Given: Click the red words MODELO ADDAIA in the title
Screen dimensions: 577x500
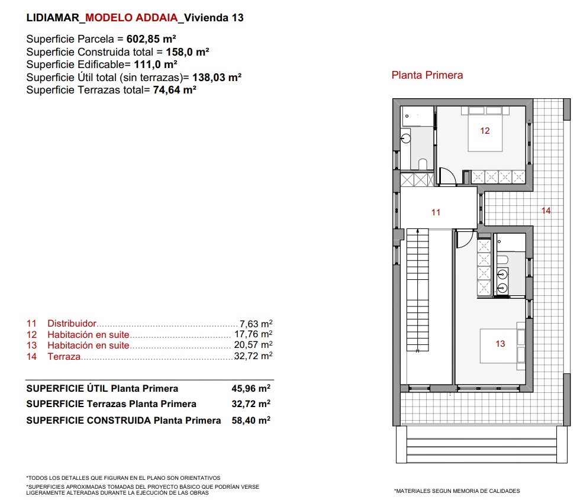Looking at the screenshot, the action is pyautogui.click(x=131, y=18).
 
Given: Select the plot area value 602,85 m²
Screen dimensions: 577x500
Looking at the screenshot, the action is pyautogui.click(x=151, y=39).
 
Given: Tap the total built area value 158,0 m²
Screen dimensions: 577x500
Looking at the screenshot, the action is pyautogui.click(x=188, y=52).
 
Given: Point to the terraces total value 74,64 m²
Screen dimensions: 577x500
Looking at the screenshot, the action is pyautogui.click(x=175, y=90).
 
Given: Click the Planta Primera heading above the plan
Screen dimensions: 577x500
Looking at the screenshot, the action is pyautogui.click(x=427, y=75).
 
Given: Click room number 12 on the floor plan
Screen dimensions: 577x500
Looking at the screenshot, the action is pyautogui.click(x=485, y=131).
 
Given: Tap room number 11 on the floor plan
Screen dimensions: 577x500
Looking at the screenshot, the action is pyautogui.click(x=436, y=212).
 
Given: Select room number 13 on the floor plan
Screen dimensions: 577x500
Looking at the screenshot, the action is pyautogui.click(x=500, y=344).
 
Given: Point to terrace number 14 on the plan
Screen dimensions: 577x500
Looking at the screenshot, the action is pyautogui.click(x=546, y=211).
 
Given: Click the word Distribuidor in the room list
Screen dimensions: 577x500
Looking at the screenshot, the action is pyautogui.click(x=72, y=324).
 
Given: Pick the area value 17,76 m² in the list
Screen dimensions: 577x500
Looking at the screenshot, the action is pyautogui.click(x=253, y=334).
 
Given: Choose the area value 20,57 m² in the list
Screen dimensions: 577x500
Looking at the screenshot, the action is pyautogui.click(x=253, y=345).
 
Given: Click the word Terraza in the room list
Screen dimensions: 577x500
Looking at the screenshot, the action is pyautogui.click(x=64, y=356).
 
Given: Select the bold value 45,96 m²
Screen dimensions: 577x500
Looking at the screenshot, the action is pyautogui.click(x=251, y=389).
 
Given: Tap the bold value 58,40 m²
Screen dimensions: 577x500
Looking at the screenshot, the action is pyautogui.click(x=251, y=420).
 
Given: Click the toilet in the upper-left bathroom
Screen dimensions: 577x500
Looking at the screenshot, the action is pyautogui.click(x=423, y=164).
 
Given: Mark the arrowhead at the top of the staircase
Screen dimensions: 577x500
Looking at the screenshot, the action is pyautogui.click(x=418, y=231).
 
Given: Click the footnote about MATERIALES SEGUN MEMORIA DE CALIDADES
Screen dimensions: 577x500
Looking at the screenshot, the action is pyautogui.click(x=457, y=491).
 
